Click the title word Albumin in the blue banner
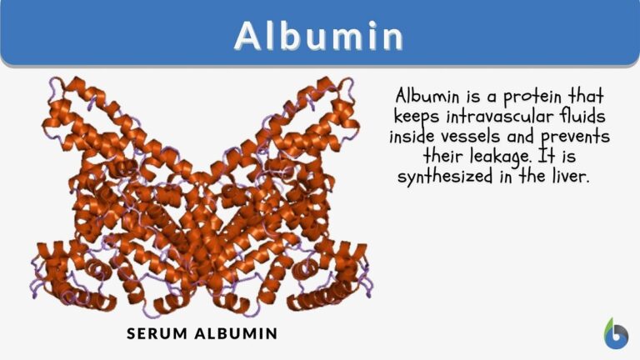point(320,35)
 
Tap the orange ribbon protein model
point(200,200)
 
